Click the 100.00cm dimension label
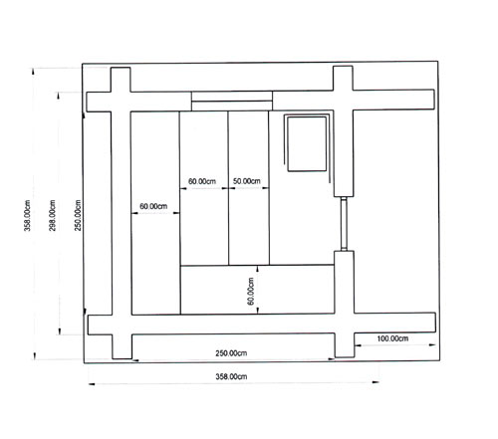tap(392, 338)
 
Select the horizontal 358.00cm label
tap(231, 376)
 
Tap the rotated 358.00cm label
tap(27, 215)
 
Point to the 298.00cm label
tap(53, 215)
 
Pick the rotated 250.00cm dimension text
tap(78, 215)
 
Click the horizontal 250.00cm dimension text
tap(231, 353)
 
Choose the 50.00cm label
tap(247, 181)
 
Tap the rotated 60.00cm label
tap(251, 291)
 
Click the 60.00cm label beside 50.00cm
tap(202, 181)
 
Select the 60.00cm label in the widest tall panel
tap(153, 206)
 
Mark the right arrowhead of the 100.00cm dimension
tap(432, 344)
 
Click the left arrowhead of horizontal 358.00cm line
tap(92, 384)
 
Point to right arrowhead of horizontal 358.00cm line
tap(375, 382)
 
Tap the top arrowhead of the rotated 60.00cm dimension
tap(258, 268)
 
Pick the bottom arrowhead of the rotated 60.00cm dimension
tap(258, 311)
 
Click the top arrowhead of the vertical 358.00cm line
tap(33, 72)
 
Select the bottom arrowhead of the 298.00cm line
tap(60, 331)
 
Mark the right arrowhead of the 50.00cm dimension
tap(266, 188)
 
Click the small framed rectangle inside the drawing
tap(307, 144)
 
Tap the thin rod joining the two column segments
tap(344, 224)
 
